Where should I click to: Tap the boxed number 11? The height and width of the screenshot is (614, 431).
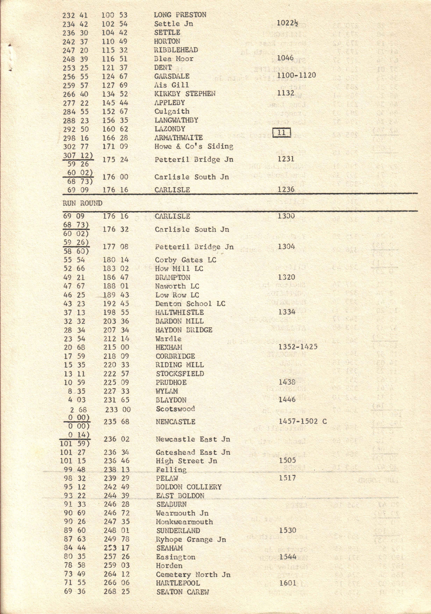tap(282, 132)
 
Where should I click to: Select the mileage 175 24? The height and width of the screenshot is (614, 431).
tap(115, 160)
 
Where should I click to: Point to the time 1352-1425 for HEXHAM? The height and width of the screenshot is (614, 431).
tap(298, 347)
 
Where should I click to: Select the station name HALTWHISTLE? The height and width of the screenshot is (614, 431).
tap(179, 312)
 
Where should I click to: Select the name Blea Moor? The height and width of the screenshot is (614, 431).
tap(174, 59)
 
